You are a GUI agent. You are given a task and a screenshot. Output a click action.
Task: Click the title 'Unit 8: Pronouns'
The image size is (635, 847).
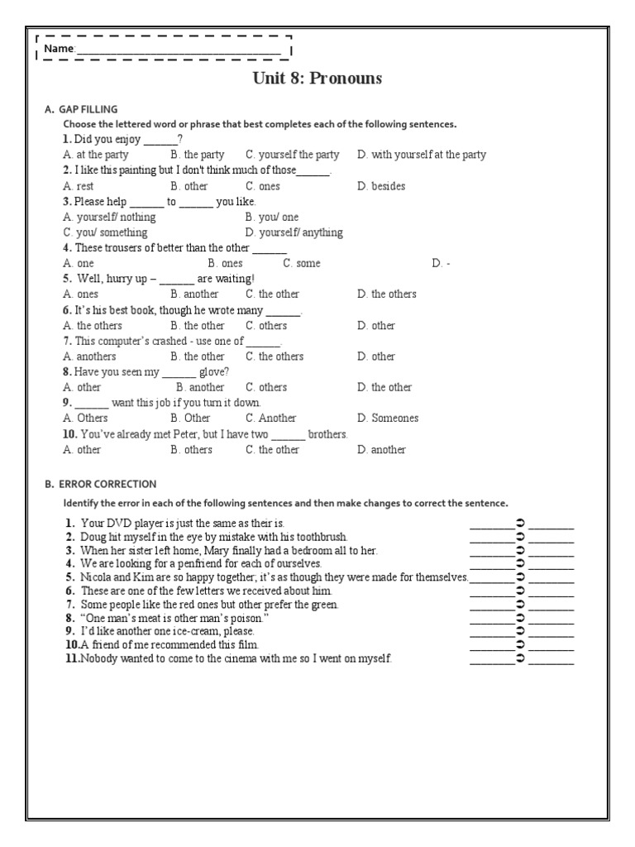(x=317, y=79)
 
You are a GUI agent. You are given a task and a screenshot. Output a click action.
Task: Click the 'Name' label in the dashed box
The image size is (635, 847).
(x=59, y=50)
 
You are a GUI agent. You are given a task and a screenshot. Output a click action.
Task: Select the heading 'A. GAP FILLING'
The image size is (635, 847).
(x=81, y=109)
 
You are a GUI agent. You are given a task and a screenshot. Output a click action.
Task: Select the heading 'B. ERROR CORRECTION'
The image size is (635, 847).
(x=100, y=484)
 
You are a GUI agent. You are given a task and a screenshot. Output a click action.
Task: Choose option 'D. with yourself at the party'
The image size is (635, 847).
(x=422, y=155)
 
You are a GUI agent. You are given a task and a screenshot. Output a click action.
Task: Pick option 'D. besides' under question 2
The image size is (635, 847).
(x=381, y=186)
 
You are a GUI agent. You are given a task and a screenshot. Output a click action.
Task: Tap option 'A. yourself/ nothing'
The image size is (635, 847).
(x=109, y=217)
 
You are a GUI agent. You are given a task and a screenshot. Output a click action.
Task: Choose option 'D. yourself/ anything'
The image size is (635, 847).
(x=294, y=232)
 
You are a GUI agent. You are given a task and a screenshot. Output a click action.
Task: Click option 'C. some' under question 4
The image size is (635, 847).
(x=301, y=263)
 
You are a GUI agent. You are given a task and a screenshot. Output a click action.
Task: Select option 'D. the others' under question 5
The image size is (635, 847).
(x=387, y=294)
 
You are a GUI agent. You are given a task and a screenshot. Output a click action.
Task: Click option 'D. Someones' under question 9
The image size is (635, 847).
(x=388, y=418)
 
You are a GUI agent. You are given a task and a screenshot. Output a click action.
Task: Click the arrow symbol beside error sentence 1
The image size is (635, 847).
(x=520, y=524)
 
